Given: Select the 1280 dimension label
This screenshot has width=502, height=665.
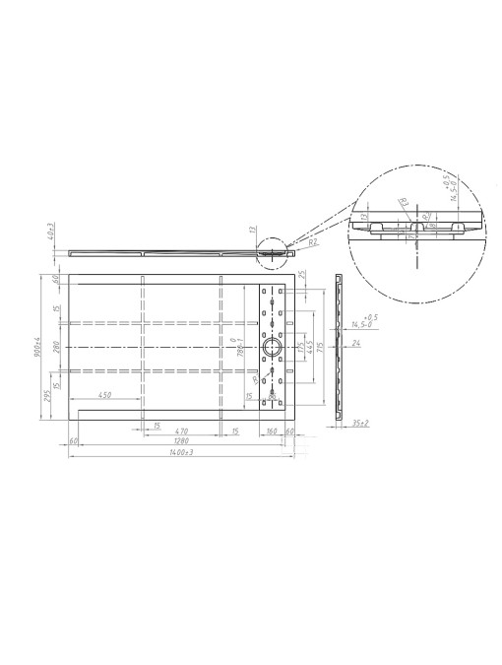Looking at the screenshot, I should point(176,440).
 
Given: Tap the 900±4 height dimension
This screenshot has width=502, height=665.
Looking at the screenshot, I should point(36,347).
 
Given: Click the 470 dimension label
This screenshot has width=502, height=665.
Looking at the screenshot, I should point(181,431).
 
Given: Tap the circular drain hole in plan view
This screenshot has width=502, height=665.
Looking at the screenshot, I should point(272,347).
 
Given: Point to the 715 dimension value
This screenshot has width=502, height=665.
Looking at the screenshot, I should point(322,347).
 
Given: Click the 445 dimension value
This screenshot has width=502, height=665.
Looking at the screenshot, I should point(310,347).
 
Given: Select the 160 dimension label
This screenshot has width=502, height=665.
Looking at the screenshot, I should point(271,431).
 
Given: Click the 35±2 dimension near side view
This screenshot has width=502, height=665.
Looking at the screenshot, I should point(361,423).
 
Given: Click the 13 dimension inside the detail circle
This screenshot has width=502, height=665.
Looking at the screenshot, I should point(363,215).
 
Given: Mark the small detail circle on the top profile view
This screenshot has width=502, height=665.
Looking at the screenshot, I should point(270,249).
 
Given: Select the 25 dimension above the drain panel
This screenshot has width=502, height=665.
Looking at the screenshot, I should point(301,275).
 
